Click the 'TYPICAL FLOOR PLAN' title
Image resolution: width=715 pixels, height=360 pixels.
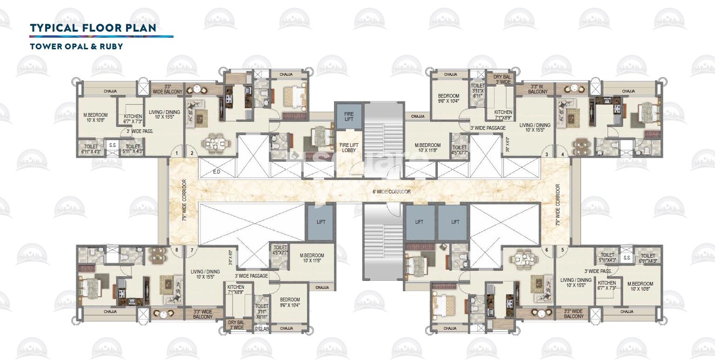[x=93, y=28]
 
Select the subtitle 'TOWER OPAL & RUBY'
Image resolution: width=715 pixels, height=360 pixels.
[x=76, y=47]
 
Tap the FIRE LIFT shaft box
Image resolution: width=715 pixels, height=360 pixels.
[x=348, y=116]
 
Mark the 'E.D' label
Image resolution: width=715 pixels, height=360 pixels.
[x=216, y=172]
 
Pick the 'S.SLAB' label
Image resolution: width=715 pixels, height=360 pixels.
[x=261, y=329]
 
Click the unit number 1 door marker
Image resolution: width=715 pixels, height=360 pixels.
[x=176, y=153]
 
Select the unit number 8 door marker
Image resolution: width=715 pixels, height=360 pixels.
[x=176, y=250]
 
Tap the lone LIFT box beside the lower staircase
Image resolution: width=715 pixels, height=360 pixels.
[x=320, y=222]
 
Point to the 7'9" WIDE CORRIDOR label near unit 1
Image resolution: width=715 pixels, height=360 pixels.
[x=184, y=200]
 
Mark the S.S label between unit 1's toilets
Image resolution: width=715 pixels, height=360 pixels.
[x=113, y=145]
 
